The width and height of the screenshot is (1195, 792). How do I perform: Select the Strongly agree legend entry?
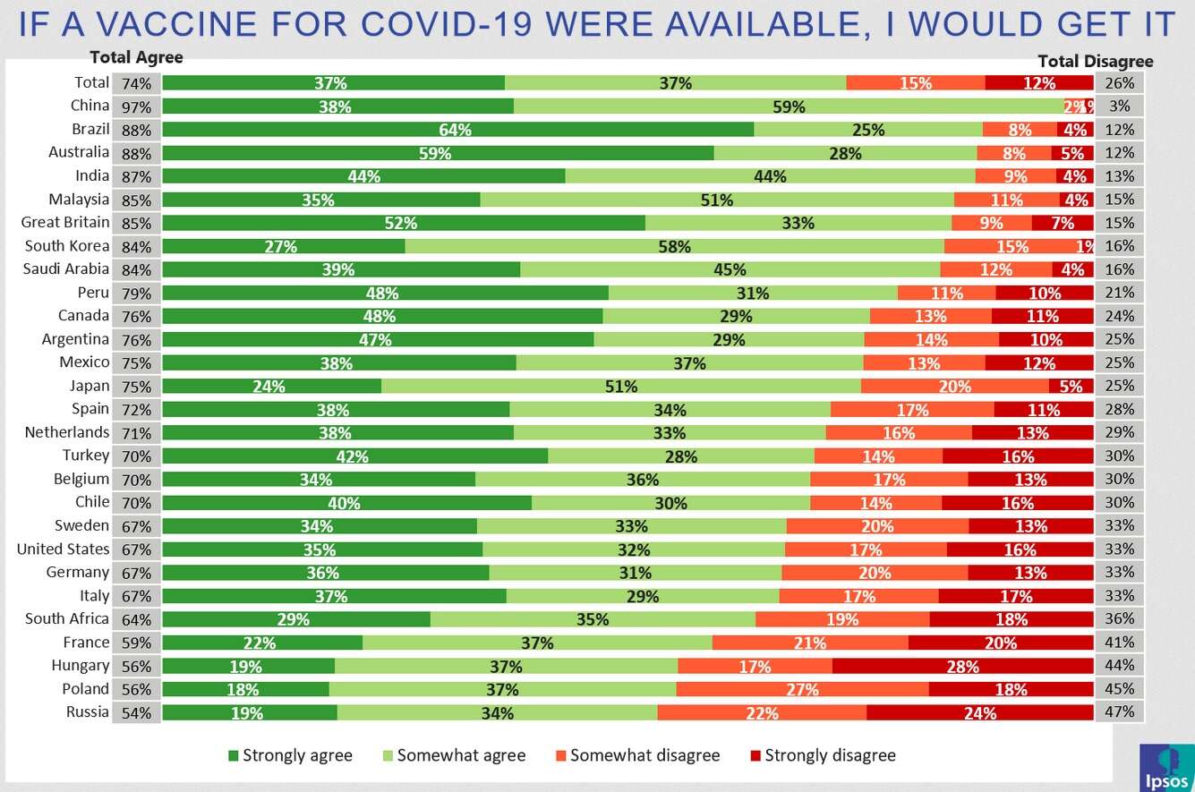(290, 755)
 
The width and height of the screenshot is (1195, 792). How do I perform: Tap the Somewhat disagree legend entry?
(636, 755)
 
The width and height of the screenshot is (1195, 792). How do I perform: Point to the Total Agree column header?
(136, 57)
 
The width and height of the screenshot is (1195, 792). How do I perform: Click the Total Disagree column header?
(1095, 61)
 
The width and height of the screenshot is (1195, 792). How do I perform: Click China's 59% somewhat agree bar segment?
(789, 106)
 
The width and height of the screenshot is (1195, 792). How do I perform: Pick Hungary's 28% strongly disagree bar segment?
(962, 666)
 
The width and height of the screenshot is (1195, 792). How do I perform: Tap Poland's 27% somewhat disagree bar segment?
(802, 689)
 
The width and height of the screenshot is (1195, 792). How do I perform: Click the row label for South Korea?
(67, 246)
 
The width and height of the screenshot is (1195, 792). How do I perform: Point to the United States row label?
(63, 549)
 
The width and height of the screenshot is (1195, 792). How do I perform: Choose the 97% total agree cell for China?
(137, 106)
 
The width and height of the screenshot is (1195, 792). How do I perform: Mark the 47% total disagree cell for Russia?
(1119, 712)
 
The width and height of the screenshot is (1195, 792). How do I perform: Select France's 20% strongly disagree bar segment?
(1000, 643)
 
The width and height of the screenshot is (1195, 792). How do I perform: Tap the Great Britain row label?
(65, 222)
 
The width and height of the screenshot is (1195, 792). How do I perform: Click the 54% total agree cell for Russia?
(137, 712)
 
